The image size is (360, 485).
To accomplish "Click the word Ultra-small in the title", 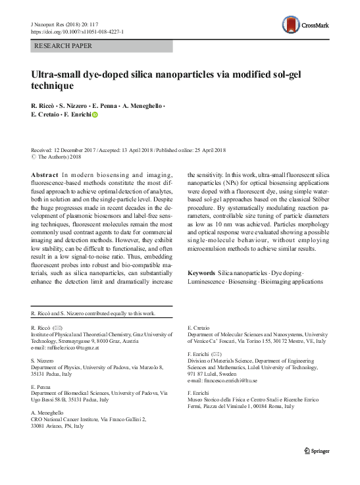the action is click(57, 75).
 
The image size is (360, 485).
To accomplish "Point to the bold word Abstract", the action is click(44, 174).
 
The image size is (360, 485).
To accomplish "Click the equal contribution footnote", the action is click(93, 313).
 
